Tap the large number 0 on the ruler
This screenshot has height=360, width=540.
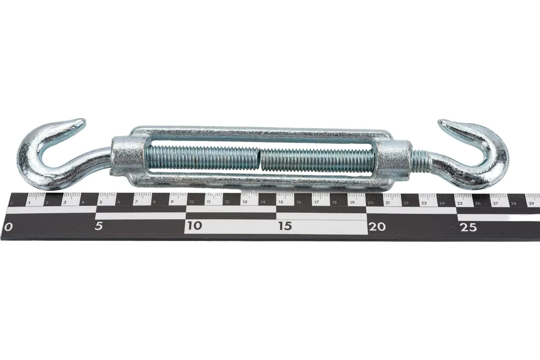pyautogui.click(x=8, y=227)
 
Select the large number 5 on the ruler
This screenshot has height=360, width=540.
pyautogui.click(x=99, y=226)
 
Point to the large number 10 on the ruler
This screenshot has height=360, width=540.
pyautogui.click(x=194, y=226)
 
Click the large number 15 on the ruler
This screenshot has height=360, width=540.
pyautogui.click(x=285, y=226)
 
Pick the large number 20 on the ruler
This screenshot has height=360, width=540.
pyautogui.click(x=377, y=227)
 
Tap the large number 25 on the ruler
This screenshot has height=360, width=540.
pyautogui.click(x=468, y=227)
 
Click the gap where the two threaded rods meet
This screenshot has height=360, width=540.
pyautogui.click(x=260, y=159)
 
